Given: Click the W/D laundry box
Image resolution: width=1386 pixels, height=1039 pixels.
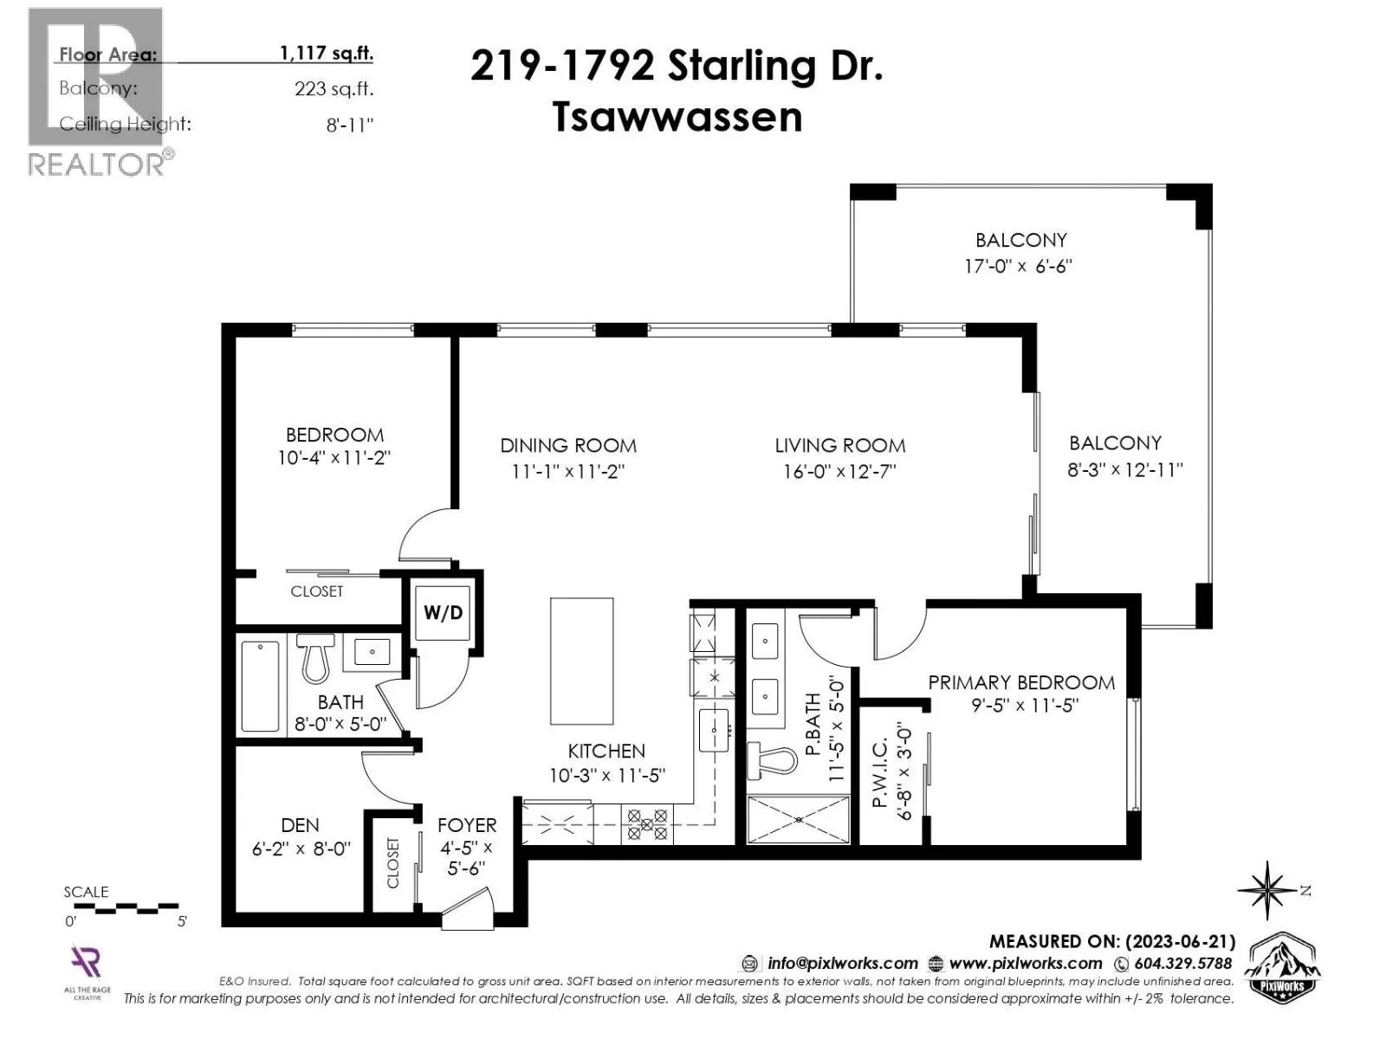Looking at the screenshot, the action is (443, 612).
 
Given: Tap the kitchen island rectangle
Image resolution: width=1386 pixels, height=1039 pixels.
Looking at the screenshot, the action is (581, 661).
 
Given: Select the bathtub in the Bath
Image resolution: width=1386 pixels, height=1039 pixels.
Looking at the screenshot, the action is (260, 687).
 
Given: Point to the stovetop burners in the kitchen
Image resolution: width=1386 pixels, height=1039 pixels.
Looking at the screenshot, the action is (647, 824).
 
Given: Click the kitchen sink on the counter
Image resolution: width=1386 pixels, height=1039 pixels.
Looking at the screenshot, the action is (714, 730).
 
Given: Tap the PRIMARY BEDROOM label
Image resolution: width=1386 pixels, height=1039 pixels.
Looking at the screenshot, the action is (1021, 682).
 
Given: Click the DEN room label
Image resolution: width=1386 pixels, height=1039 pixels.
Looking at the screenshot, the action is (300, 825).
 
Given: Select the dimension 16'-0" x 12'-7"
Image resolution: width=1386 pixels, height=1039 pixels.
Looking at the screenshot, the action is (839, 471).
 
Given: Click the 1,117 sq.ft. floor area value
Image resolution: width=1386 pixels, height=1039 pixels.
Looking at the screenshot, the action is (327, 53).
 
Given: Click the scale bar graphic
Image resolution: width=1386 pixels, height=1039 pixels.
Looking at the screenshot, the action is (126, 908).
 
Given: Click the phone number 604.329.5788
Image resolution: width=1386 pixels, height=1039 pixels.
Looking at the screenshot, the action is (1182, 964).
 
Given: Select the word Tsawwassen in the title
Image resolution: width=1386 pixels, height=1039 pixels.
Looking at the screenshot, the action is (677, 118).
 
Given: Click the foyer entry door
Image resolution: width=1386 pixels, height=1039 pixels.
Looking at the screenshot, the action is (467, 910).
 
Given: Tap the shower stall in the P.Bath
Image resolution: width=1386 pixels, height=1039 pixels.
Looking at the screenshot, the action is (798, 819).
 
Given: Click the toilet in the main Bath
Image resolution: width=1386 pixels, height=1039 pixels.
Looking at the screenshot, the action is (315, 658).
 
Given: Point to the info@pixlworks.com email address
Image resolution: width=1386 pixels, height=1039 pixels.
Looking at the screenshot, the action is (842, 964).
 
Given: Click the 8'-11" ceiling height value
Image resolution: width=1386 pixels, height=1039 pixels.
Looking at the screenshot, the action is (350, 125).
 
